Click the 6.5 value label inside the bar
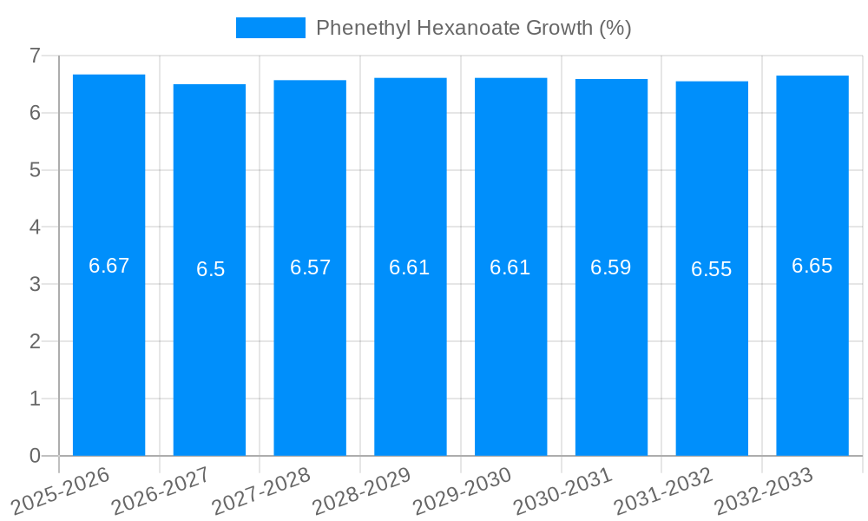point(210,269)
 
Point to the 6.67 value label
point(108,266)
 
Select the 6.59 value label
point(611,267)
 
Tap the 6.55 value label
point(712,269)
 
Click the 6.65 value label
point(812,266)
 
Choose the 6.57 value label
point(310,267)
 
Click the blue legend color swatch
point(270,28)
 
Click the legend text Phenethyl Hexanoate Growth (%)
point(473,28)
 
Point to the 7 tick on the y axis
point(35,56)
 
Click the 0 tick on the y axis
point(35,456)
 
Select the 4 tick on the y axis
point(35,228)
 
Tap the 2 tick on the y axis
point(35,341)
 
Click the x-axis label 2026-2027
point(160,491)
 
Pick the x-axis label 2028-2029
point(360,491)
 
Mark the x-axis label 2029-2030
point(461,491)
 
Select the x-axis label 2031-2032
point(662,491)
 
